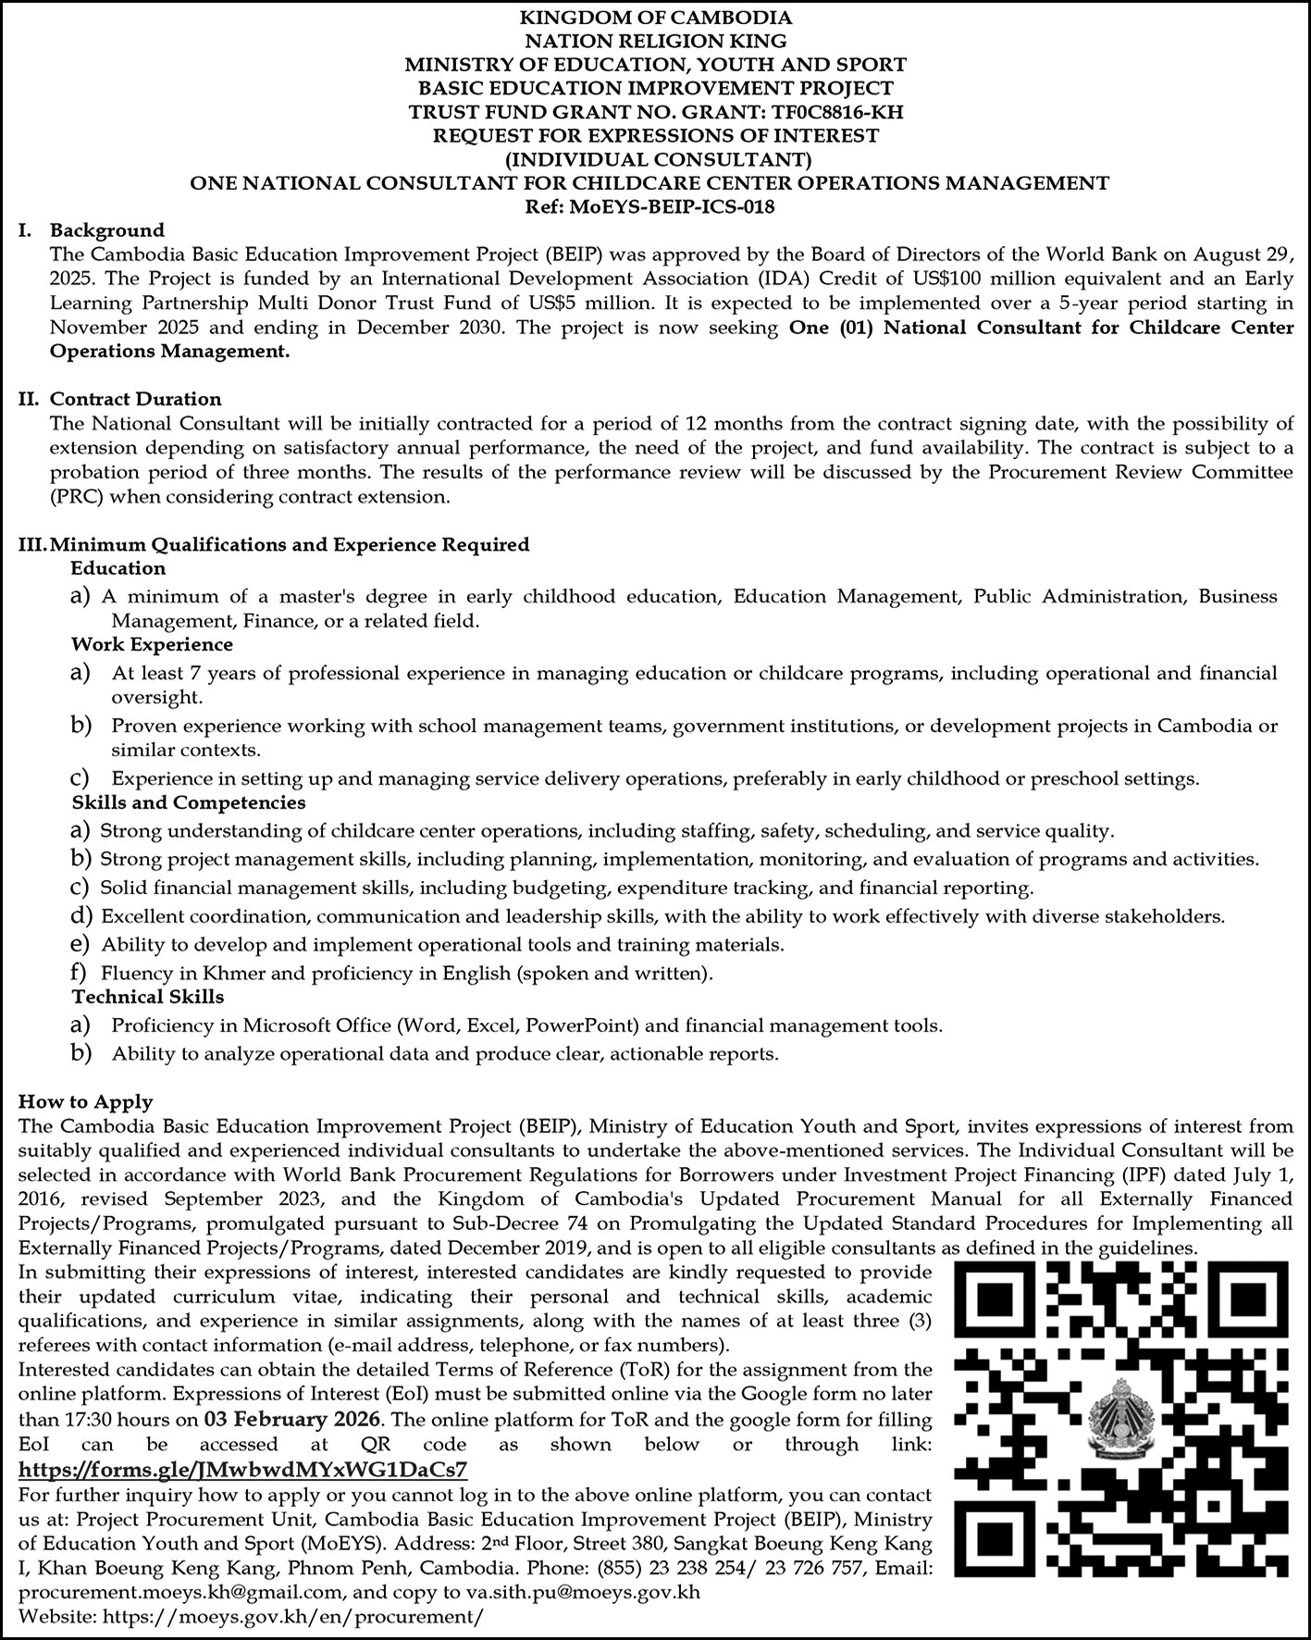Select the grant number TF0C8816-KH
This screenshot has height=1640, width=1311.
pos(829,112)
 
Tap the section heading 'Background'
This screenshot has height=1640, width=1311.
pos(107,230)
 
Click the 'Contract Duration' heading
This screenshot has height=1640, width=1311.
pos(136,399)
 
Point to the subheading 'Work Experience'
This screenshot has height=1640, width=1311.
pos(153,644)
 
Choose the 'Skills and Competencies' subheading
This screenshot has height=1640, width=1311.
pos(189,801)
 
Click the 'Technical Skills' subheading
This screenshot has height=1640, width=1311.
pos(148,997)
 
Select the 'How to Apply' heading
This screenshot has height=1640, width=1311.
pos(86,1101)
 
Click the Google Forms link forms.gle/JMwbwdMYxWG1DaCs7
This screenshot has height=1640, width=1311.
pos(243,1469)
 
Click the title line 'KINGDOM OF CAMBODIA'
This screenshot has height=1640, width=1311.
pos(655,17)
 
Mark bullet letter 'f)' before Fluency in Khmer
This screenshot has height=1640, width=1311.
pos(80,973)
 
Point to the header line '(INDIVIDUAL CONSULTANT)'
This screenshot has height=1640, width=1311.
pos(655,159)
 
